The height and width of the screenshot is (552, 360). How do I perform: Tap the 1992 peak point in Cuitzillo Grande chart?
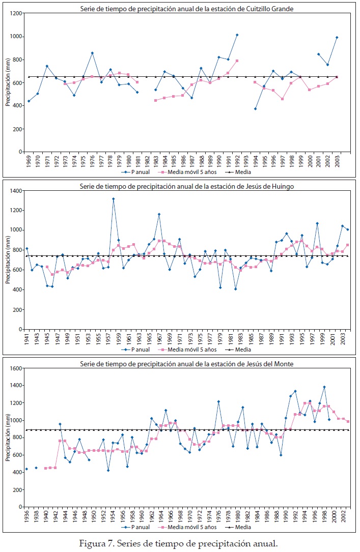point(237,35)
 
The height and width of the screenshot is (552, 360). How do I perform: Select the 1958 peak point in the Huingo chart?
point(113,199)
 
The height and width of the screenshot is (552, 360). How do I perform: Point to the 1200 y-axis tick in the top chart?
point(18,13)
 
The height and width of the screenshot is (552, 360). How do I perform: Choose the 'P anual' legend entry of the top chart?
point(138,172)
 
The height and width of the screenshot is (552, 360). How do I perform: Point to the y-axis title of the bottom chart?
point(8,438)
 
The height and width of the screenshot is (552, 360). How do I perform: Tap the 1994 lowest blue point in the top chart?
point(256,109)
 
